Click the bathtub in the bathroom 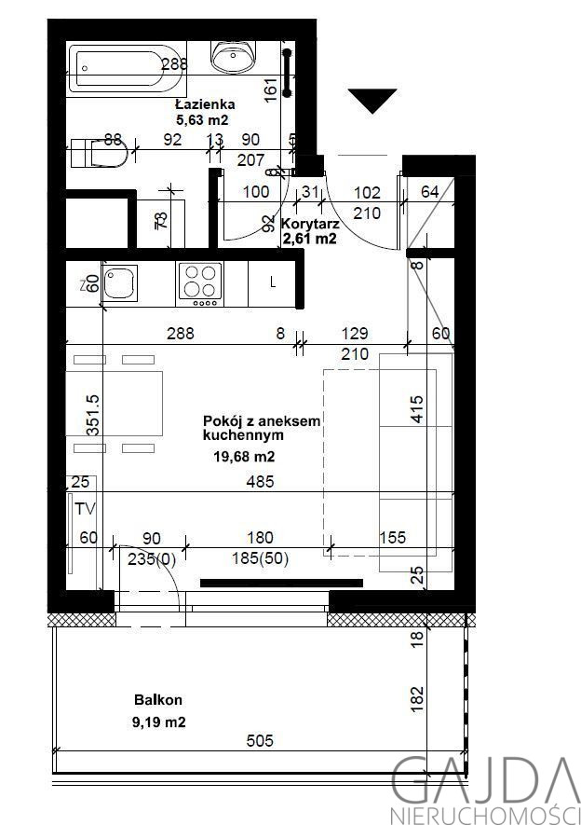(x=128, y=68)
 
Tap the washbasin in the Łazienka (x=234, y=56)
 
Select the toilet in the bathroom (x=100, y=152)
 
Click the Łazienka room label (x=205, y=104)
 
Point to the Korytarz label (x=310, y=224)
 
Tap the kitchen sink (x=120, y=282)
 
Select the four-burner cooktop (x=200, y=283)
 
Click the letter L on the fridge (x=273, y=282)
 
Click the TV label (x=85, y=509)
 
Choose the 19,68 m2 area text (x=244, y=457)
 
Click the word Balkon (x=158, y=700)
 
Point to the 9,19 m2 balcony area (x=159, y=722)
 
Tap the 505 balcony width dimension (x=260, y=741)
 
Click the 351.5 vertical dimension (x=93, y=415)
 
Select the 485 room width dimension (x=260, y=481)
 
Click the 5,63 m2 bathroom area (x=202, y=120)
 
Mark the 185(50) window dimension (x=261, y=558)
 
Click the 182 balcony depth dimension (x=416, y=699)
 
